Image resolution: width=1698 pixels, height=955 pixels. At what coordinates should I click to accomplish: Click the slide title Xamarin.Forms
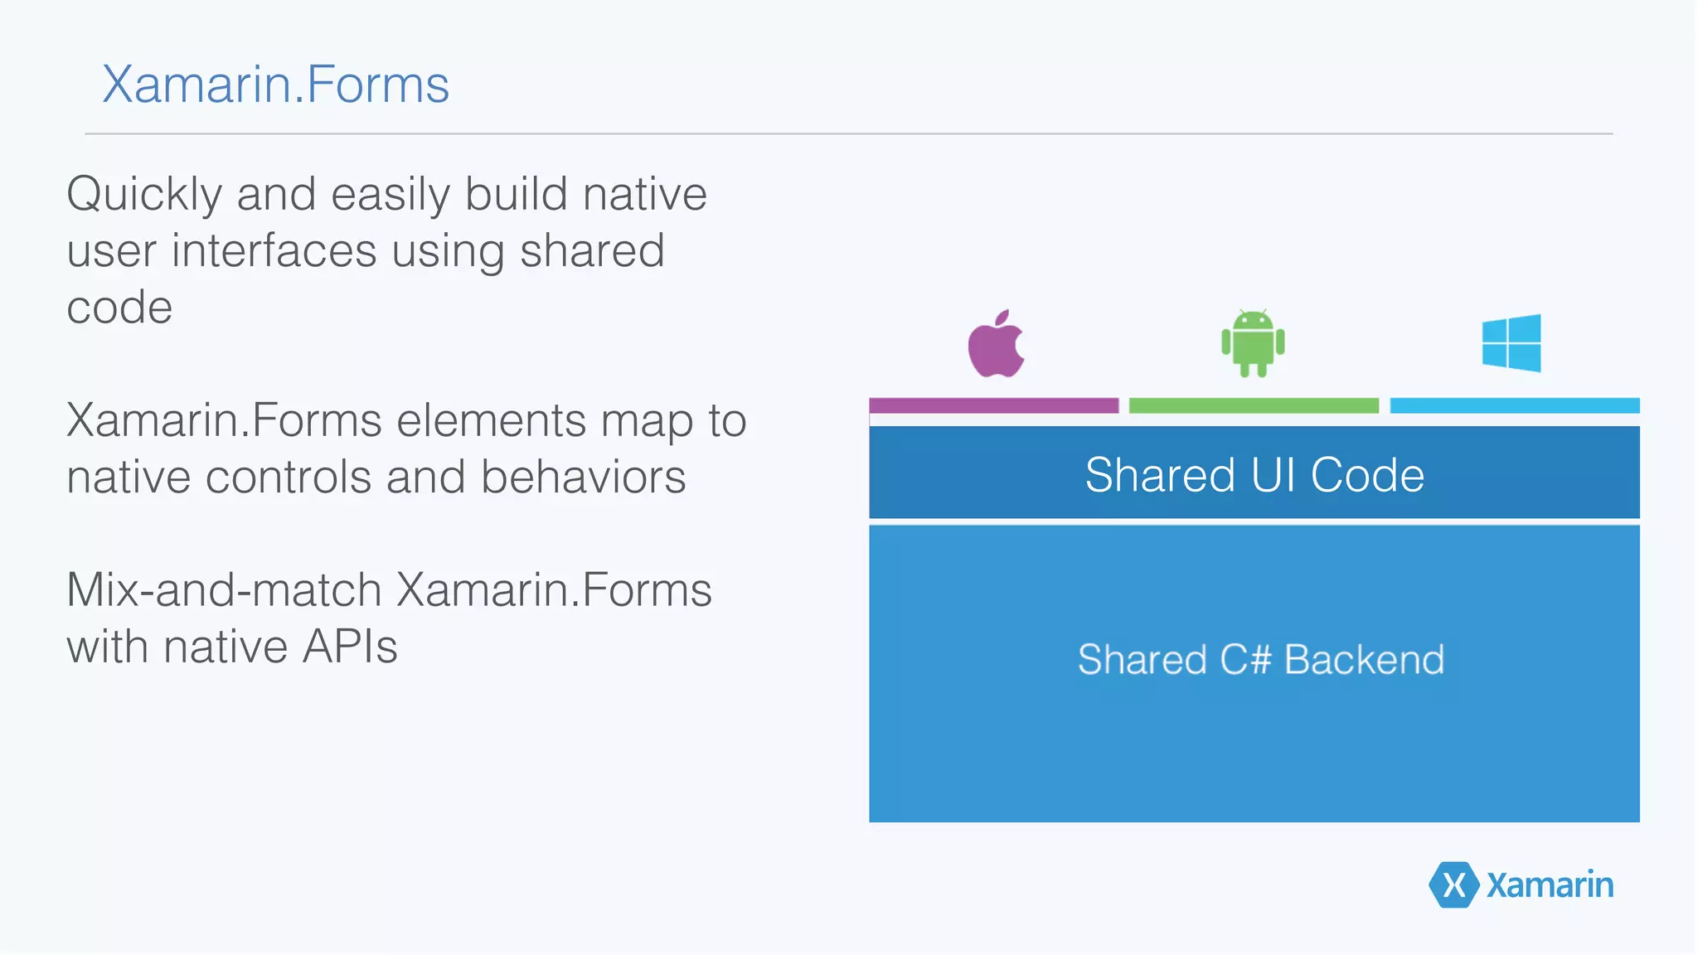pyautogui.click(x=275, y=85)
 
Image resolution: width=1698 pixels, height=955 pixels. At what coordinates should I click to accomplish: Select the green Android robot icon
pyautogui.click(x=1253, y=343)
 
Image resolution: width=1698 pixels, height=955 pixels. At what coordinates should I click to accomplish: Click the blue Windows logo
pyautogui.click(x=1511, y=342)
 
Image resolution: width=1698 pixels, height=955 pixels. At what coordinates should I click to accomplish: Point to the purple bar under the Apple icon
pyautogui.click(x=993, y=405)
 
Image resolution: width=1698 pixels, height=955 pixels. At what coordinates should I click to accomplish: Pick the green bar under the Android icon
pyautogui.click(x=1254, y=405)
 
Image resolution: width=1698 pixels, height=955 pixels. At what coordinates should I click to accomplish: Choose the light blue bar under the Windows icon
pyautogui.click(x=1515, y=405)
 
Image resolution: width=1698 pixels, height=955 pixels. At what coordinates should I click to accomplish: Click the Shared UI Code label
pyautogui.click(x=1254, y=475)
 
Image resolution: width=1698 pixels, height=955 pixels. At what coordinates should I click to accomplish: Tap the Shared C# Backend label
pyautogui.click(x=1260, y=660)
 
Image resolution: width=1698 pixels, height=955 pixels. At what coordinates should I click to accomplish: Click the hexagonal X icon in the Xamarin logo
pyautogui.click(x=1453, y=885)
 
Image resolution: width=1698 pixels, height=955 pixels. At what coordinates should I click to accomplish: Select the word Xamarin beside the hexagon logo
pyautogui.click(x=1550, y=885)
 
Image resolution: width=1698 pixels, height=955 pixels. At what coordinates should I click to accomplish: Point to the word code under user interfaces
pyautogui.click(x=119, y=308)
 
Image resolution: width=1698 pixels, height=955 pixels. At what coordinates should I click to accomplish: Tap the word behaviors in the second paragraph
pyautogui.click(x=583, y=477)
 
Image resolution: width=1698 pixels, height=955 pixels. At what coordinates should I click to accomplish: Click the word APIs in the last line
pyautogui.click(x=350, y=647)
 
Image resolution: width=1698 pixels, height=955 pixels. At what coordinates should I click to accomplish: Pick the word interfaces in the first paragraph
pyautogui.click(x=274, y=251)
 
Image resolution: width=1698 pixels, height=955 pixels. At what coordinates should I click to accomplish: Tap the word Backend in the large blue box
pyautogui.click(x=1364, y=660)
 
